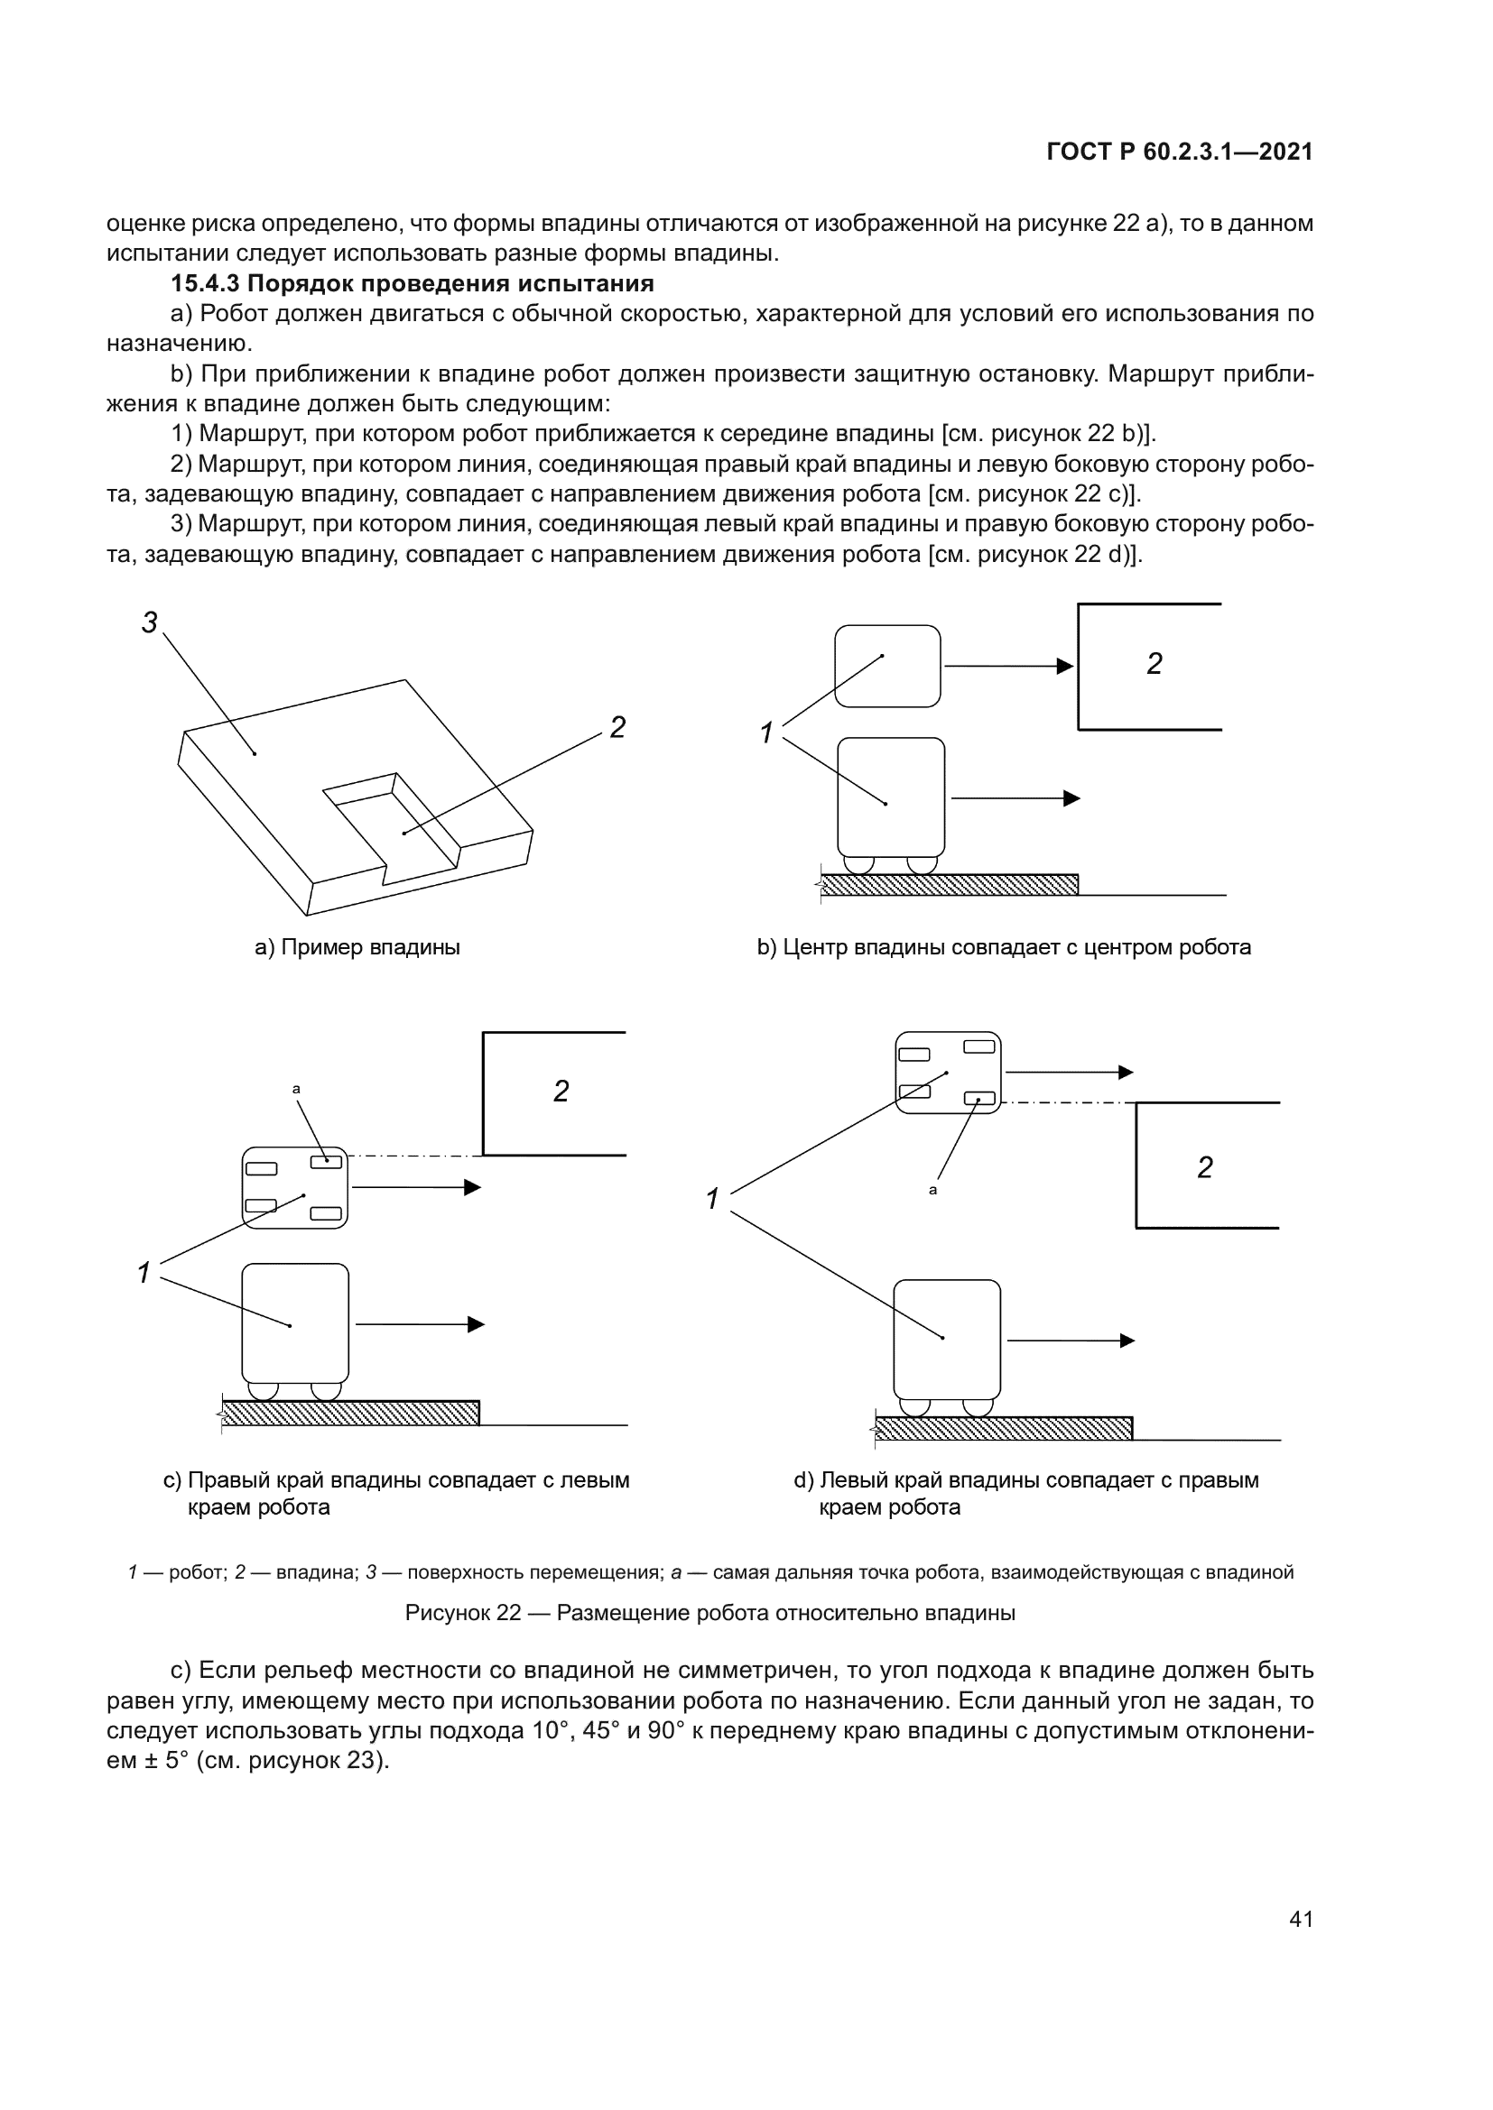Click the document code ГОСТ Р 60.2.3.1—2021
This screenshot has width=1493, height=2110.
coord(1180,152)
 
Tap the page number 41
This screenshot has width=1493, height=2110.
coord(1301,1919)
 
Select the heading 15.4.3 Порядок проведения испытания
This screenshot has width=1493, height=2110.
coord(412,283)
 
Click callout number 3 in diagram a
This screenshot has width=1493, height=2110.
coord(149,623)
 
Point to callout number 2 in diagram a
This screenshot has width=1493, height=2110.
coord(617,728)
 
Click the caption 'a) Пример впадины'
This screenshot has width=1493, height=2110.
coord(357,947)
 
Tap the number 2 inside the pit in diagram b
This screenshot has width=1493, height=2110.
coord(1155,664)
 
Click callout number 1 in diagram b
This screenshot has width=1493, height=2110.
coord(766,733)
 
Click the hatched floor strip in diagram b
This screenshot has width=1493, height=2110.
coord(949,885)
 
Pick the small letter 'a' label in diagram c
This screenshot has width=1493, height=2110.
coord(296,1089)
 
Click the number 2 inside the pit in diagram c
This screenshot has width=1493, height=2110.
coord(561,1091)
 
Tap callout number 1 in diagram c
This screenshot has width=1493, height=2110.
coord(144,1273)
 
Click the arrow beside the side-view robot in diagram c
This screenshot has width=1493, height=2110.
coord(419,1324)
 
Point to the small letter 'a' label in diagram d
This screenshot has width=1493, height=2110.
coord(933,1190)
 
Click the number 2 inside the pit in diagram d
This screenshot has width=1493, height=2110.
coord(1205,1167)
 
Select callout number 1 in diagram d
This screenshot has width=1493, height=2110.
coord(712,1199)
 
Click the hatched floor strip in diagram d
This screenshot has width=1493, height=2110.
coord(1003,1428)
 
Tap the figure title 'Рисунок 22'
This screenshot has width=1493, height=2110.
coord(463,1613)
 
